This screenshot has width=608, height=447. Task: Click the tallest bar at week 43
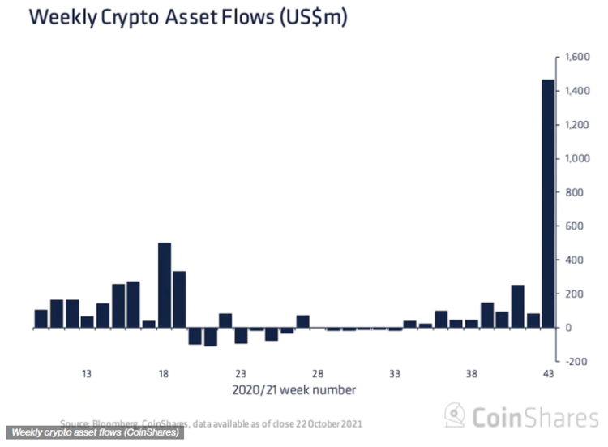[x=548, y=203]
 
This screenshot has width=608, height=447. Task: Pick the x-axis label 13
[x=87, y=374]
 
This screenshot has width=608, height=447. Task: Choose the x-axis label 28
[x=318, y=374]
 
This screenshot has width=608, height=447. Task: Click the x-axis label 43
[x=548, y=374]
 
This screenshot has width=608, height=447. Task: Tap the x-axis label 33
[x=395, y=374]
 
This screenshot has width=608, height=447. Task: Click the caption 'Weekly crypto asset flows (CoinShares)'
[x=96, y=432]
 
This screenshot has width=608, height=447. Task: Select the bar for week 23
[x=241, y=335]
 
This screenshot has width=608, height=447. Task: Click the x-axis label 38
[x=471, y=374]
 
